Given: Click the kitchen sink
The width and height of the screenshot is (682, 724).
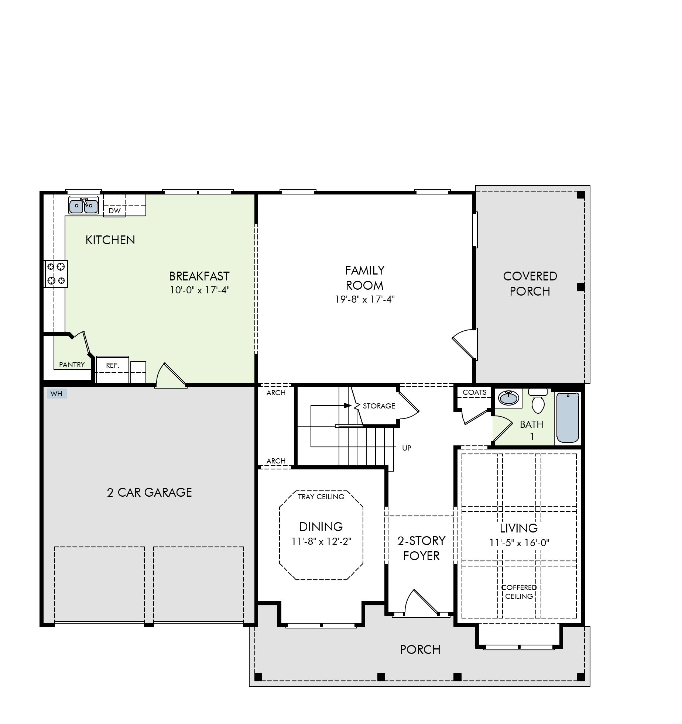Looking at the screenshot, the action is tap(83, 205).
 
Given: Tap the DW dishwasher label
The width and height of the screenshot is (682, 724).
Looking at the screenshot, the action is tap(115, 211).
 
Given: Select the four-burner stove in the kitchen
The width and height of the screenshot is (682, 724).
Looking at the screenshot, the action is tap(56, 273).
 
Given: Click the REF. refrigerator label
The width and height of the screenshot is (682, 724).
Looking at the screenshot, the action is tap(113, 365).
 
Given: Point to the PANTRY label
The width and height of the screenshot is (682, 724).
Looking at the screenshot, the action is tap(72, 365).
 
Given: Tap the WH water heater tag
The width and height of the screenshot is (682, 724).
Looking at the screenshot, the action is tap(56, 394).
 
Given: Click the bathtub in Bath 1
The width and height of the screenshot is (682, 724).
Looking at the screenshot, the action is tap(568, 417).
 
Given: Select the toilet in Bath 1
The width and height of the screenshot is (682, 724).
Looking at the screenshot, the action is tap(538, 400).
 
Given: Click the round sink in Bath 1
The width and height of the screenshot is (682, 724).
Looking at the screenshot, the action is tap(508, 398).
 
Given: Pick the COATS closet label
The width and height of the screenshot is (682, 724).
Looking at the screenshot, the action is tap(474, 392).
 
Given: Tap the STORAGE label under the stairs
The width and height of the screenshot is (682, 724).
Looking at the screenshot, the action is tap(379, 406).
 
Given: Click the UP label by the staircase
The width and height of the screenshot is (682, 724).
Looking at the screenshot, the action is tap(407, 448).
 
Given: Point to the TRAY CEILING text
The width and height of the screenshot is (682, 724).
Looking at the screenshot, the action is tap(321, 497).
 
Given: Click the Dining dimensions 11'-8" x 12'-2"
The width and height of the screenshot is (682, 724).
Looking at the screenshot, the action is tap(321, 541).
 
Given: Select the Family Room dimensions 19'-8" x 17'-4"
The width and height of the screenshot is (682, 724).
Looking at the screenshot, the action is tap(365, 299).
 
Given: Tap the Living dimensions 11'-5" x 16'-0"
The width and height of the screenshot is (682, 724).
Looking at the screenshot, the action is tap(519, 543).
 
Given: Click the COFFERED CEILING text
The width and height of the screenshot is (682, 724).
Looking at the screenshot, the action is tap(519, 592).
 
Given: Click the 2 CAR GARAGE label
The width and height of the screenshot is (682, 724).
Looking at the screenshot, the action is tap(150, 492).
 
